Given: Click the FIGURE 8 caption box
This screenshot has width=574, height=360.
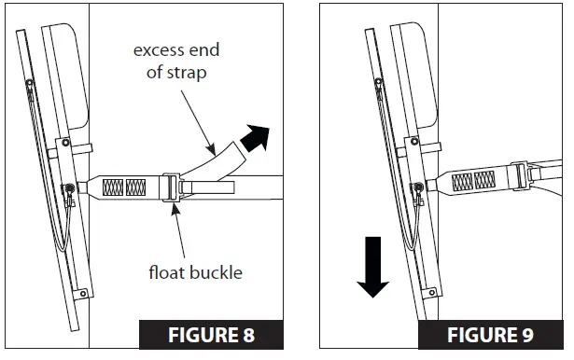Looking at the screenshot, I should [198, 334].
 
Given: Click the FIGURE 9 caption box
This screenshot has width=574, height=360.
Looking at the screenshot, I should [491, 334].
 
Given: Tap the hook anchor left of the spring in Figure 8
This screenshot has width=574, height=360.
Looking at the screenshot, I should [70, 191].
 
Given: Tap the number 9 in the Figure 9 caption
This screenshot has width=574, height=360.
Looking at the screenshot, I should [532, 334].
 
